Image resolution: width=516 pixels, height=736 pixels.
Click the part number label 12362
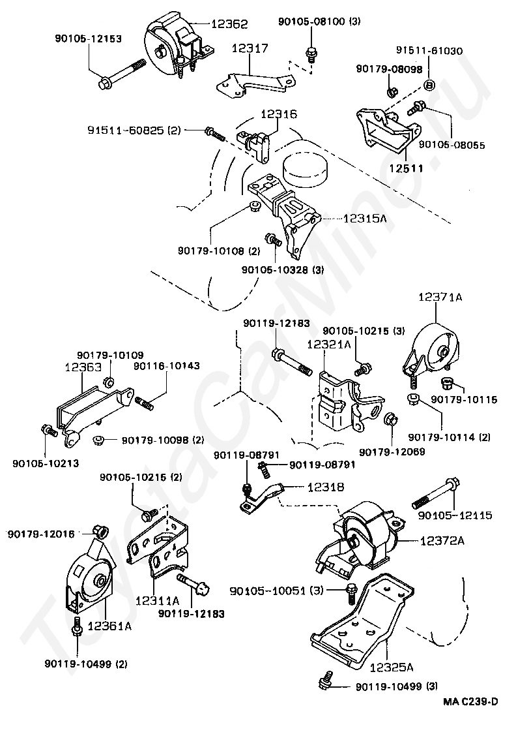pyautogui.click(x=229, y=23)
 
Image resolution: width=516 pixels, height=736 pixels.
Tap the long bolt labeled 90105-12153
pyautogui.click(x=122, y=74)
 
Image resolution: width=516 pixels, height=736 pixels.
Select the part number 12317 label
pyautogui.click(x=250, y=48)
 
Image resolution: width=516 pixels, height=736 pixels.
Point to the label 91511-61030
pyautogui.click(x=429, y=51)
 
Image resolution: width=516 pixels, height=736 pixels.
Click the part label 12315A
pyautogui.click(x=365, y=219)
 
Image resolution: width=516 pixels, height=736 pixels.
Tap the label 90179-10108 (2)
pyautogui.click(x=218, y=251)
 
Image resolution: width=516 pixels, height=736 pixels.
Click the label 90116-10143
pyautogui.click(x=166, y=365)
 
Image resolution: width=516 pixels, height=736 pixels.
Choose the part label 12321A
pyautogui.click(x=329, y=345)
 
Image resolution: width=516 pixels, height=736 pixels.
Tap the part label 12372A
pyautogui.click(x=442, y=541)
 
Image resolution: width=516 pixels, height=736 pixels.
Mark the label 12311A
pyautogui.click(x=158, y=600)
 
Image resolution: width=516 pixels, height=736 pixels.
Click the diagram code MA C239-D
pyautogui.click(x=470, y=701)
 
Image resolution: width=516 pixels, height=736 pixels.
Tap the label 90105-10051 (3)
pyautogui.click(x=276, y=590)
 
